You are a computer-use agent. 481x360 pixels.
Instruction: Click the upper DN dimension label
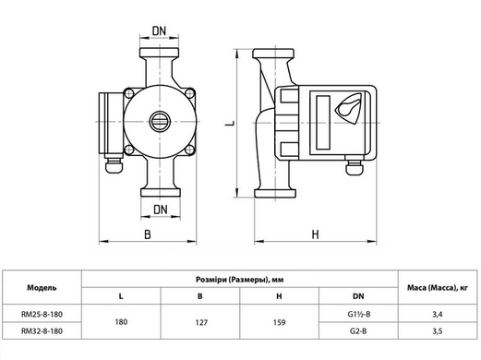coord(159,30)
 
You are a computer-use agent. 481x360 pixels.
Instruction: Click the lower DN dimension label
coord(161,210)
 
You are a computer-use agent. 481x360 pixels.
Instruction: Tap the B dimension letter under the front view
coord(148,234)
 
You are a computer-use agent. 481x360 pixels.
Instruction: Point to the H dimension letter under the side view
coord(316,234)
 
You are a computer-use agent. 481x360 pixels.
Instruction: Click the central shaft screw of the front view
coord(160,122)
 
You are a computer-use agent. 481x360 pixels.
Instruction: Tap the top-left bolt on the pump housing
coord(128,93)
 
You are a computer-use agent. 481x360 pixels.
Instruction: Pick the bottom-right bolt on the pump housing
coord(190,150)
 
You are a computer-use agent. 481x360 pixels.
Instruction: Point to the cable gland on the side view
coord(355,165)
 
